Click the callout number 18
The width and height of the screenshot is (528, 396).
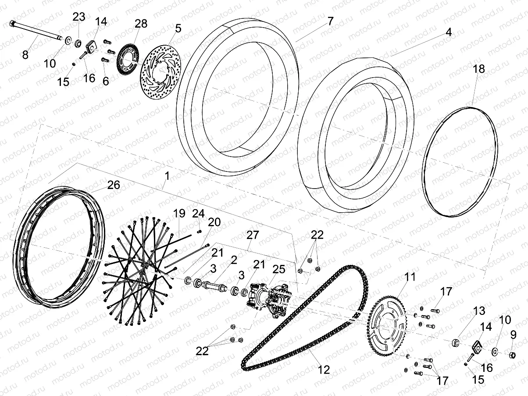click(x=479, y=69)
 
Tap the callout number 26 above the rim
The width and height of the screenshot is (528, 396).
click(x=114, y=185)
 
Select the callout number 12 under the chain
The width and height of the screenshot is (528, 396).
click(x=323, y=370)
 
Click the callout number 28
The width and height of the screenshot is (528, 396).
click(x=141, y=24)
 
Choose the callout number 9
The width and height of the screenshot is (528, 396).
click(x=513, y=335)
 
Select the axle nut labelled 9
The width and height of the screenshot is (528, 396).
click(x=511, y=353)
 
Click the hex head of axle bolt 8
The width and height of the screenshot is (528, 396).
click(x=13, y=24)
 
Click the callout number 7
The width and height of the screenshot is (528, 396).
click(x=330, y=21)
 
